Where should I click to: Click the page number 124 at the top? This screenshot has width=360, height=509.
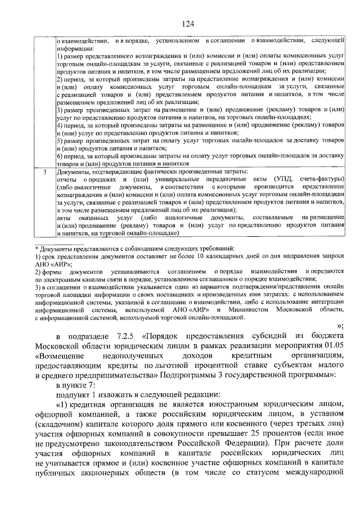pyautogui.click(x=188, y=23)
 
